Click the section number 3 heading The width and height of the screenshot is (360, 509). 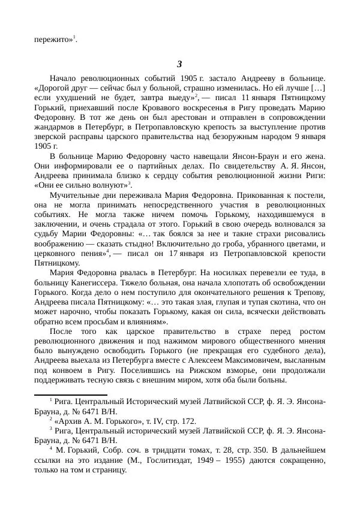coord(179,64)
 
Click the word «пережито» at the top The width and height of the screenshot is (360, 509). coord(52,40)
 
